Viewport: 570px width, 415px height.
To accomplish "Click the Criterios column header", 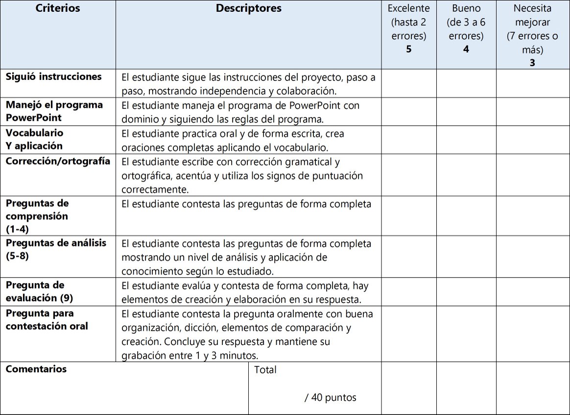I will click(x=58, y=8).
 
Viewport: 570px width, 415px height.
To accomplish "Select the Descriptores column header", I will click(x=248, y=8).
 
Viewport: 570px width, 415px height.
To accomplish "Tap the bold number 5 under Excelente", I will click(x=409, y=49).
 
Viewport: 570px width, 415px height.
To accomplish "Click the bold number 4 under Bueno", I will click(x=466, y=49).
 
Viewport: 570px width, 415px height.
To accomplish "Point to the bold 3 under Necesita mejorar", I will click(x=532, y=63).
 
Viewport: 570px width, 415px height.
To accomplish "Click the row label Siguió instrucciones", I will click(x=54, y=77).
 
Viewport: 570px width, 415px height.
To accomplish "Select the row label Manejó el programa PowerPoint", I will click(x=54, y=111).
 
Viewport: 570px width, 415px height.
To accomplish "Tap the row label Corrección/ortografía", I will click(x=58, y=161).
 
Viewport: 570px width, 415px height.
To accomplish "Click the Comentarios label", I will click(x=36, y=369).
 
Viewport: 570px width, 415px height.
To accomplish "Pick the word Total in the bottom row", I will click(x=265, y=370).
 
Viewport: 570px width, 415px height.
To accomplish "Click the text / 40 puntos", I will click(x=330, y=397).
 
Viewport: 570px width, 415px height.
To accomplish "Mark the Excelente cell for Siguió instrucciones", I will click(x=409, y=83).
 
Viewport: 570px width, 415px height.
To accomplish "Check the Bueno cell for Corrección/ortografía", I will click(x=466, y=175).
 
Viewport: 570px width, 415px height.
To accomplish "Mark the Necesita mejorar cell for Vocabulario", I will click(x=533, y=140).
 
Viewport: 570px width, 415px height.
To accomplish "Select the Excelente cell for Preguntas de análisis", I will click(x=409, y=257).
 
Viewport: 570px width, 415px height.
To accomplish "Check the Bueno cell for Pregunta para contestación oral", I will click(x=466, y=334).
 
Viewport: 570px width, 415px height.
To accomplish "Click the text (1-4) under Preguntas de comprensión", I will click(x=17, y=229).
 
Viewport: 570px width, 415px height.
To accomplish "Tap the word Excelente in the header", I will click(x=409, y=8).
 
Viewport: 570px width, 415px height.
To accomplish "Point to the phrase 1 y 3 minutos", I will click(x=228, y=356).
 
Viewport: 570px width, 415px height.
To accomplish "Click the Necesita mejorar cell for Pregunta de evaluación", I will click(x=533, y=292).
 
